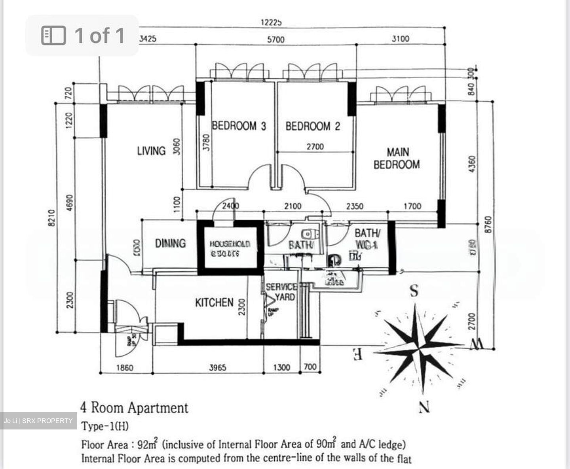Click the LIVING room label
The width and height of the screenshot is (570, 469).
[151, 151]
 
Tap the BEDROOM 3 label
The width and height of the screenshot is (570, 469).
[239, 126]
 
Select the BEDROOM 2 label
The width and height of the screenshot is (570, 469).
[313, 127]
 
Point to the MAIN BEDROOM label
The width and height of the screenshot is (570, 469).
[397, 158]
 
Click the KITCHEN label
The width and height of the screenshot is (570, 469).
[214, 303]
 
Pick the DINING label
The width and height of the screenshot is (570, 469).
[170, 243]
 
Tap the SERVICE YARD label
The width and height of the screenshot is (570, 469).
[281, 292]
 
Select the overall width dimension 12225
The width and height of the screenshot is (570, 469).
[271, 23]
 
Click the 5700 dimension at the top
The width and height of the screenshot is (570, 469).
[275, 40]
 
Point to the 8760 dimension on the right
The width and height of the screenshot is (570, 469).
[488, 224]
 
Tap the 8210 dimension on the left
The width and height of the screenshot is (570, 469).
[51, 217]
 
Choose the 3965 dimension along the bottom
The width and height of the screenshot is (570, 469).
[218, 368]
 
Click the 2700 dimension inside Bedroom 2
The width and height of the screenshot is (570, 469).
[315, 147]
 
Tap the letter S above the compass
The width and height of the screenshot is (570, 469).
[414, 291]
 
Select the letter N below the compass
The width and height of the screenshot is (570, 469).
[424, 407]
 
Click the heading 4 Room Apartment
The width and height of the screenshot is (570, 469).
[134, 408]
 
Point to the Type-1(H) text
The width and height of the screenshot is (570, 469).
[105, 426]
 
